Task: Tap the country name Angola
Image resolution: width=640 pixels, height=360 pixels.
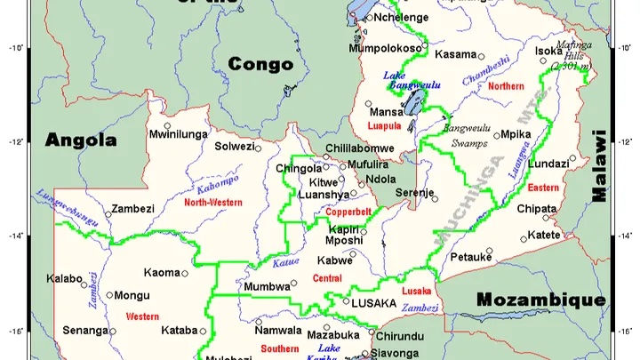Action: click(x=82, y=140)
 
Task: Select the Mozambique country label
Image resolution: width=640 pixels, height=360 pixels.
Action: click(x=540, y=300)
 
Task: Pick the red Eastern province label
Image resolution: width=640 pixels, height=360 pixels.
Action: click(x=543, y=188)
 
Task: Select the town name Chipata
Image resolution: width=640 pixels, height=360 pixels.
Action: click(x=536, y=210)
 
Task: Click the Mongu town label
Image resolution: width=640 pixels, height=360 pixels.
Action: click(x=132, y=295)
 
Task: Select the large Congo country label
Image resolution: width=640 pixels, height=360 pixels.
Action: click(x=260, y=64)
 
